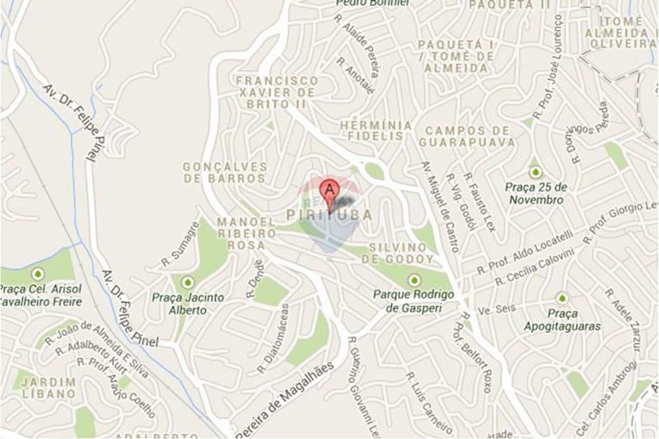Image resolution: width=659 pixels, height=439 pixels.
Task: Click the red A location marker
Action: (329, 192)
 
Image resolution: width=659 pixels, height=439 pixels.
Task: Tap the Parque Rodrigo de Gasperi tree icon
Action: (414, 279)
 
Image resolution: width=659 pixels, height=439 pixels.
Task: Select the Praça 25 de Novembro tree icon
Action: (535, 172)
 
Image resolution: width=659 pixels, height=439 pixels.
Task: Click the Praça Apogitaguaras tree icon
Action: (561, 298)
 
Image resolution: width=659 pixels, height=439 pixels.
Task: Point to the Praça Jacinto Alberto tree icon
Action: (188, 282)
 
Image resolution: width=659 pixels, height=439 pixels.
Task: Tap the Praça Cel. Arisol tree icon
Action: (38, 273)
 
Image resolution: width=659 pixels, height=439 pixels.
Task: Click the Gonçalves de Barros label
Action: (225, 172)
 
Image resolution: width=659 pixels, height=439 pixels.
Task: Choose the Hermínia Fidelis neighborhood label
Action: (376, 130)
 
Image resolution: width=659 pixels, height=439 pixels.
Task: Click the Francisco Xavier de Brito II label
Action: (277, 92)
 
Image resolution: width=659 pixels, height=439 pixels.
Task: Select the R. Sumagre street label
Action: (181, 244)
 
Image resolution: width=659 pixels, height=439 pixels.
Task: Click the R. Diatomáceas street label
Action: (273, 338)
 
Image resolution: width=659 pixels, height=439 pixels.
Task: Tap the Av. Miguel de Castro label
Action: (440, 207)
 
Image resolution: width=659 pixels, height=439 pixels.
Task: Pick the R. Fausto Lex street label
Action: (479, 203)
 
